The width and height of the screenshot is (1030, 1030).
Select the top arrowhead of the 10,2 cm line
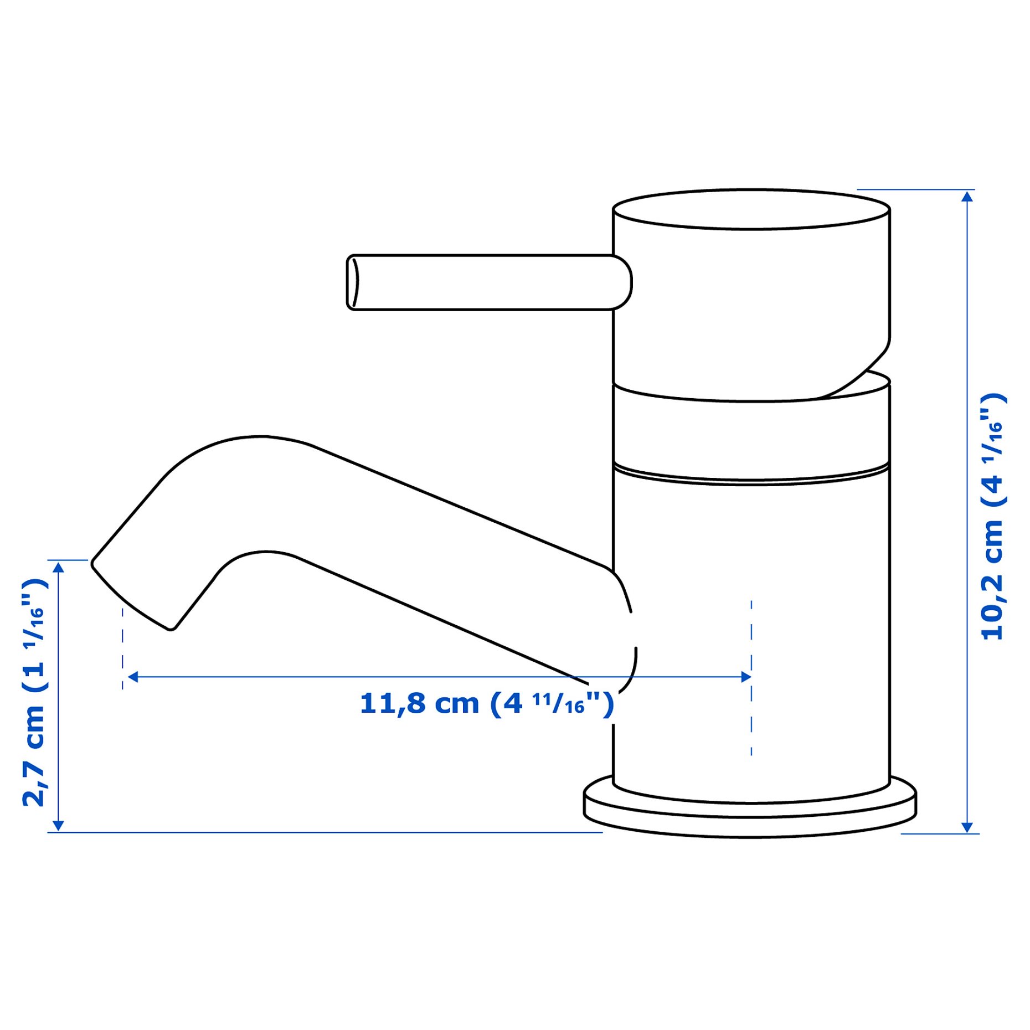967,197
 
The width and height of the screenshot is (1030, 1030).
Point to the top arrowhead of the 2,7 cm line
58,566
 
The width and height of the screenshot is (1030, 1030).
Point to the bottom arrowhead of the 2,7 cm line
58,826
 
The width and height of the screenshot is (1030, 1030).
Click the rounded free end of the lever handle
353,282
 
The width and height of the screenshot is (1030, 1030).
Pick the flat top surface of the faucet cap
751,209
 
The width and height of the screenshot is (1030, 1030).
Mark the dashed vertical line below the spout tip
122,648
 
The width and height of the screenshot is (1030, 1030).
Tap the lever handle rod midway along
482,282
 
